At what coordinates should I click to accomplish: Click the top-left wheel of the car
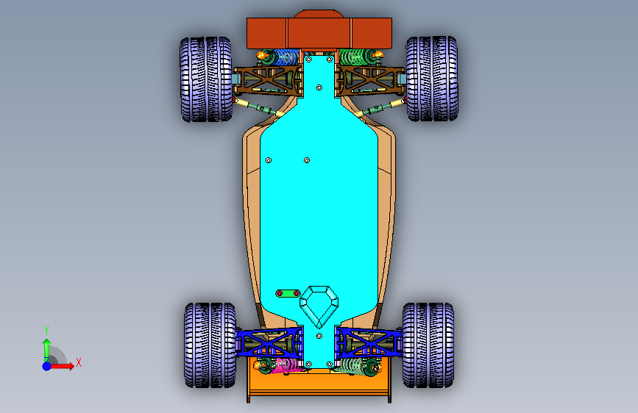tap(206, 79)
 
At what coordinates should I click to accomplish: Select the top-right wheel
tap(432, 79)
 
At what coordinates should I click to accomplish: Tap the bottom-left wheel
tap(210, 345)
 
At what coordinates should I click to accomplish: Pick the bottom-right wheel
tap(428, 345)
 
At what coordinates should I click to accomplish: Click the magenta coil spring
tap(286, 365)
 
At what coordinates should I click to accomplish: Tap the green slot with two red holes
tap(288, 293)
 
